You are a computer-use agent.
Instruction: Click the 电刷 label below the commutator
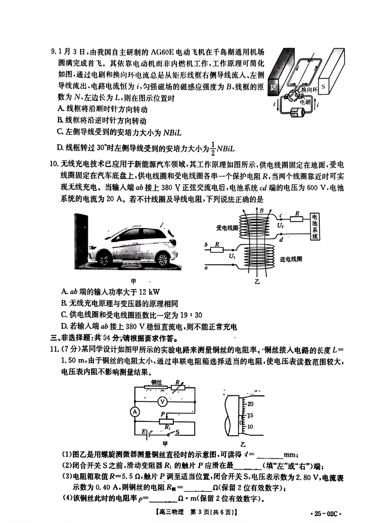(306, 102)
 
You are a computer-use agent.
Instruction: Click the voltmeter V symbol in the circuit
(164, 401)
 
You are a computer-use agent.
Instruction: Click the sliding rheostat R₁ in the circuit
(168, 421)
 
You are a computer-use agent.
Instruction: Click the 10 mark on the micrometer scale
(250, 426)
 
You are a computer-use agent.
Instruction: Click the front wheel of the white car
(105, 259)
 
